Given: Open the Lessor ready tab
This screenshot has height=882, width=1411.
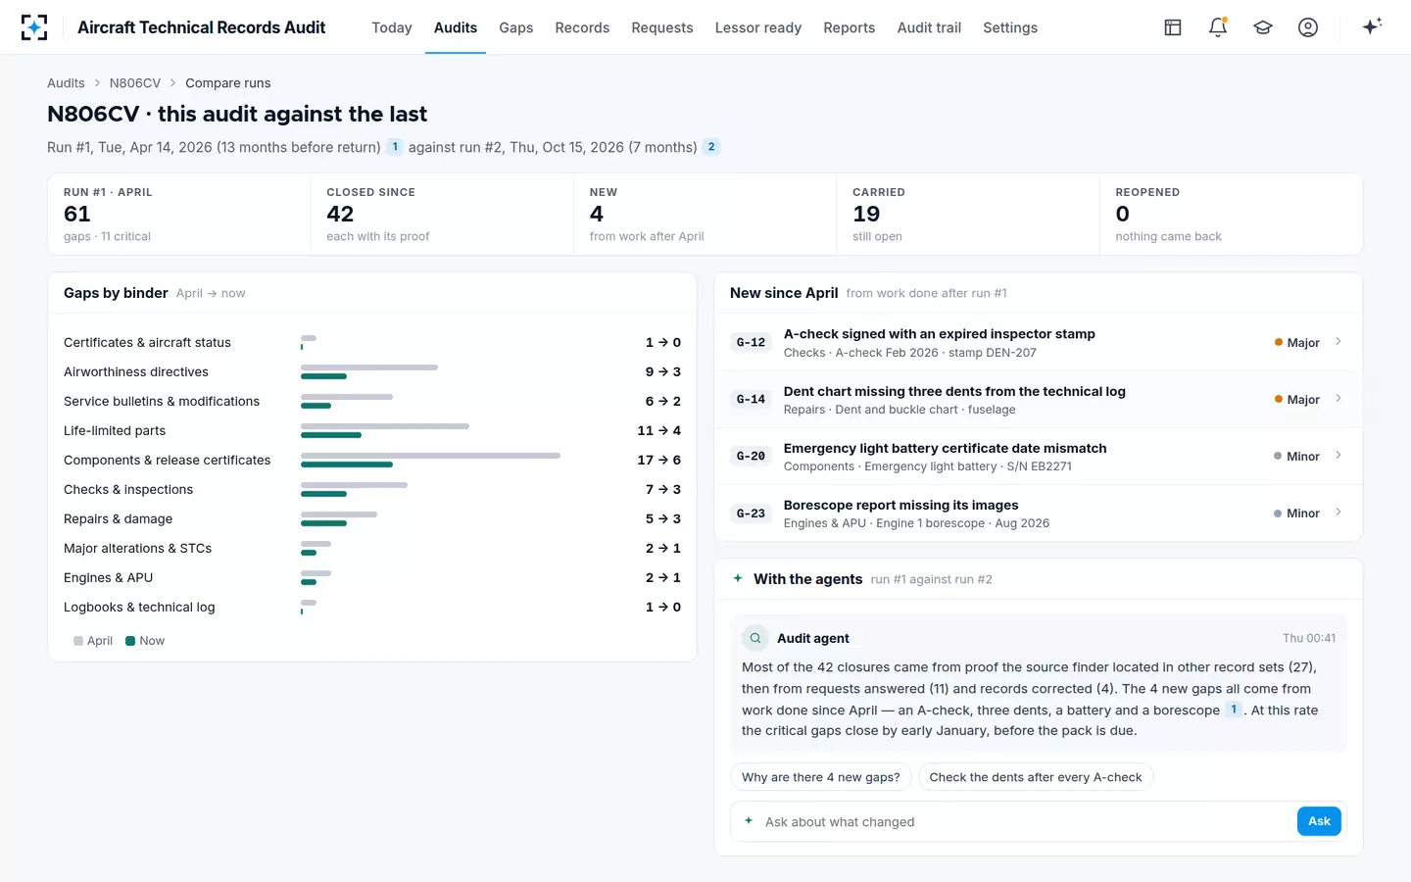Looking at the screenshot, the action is [757, 27].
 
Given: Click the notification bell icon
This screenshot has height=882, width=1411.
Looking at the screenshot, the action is [1218, 27].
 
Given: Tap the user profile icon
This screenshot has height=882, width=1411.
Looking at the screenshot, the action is [1308, 27].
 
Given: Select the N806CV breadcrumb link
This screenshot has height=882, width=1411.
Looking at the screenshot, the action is [135, 83].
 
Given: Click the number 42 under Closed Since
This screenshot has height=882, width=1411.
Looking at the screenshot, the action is [340, 215].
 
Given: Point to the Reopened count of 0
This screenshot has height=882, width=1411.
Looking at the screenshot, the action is [1123, 215].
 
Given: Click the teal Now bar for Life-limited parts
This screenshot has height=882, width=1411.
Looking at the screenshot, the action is [331, 435].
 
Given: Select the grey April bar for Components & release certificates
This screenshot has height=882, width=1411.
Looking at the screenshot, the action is [430, 456].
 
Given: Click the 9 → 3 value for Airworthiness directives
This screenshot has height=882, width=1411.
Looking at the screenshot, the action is [662, 371].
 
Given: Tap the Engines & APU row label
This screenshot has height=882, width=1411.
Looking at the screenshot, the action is [109, 578].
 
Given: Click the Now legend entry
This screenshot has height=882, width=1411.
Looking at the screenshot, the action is [145, 641].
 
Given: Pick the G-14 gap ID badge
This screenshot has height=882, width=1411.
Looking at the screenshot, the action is [751, 399].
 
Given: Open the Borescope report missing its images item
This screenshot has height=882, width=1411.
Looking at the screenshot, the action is [900, 506].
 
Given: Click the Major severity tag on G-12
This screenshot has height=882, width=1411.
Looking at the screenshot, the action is [1296, 343].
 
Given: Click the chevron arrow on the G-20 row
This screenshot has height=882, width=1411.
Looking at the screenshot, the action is [1338, 455].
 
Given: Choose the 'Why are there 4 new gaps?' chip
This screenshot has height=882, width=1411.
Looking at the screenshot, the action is [821, 777].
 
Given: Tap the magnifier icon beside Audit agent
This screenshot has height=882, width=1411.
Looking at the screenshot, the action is [754, 638].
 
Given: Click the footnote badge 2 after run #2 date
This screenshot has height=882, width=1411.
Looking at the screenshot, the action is [711, 147].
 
